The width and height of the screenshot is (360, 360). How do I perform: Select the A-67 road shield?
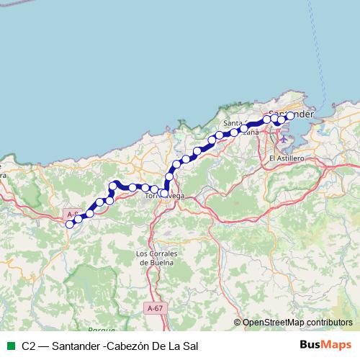click(154, 307)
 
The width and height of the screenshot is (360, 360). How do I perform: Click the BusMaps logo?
click(325, 346)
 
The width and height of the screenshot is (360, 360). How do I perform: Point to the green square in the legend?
click(9, 346)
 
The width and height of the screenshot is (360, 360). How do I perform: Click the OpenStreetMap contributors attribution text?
click(297, 323)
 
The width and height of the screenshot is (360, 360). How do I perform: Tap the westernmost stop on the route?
click(70, 225)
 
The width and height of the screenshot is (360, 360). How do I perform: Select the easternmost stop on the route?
click(290, 115)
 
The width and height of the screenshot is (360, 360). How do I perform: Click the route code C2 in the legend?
click(29, 346)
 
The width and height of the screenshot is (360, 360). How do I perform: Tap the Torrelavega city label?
click(163, 196)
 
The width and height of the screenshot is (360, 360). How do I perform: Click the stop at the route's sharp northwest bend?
click(114, 186)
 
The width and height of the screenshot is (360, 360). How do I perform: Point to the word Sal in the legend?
click(189, 346)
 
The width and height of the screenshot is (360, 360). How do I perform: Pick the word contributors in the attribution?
click(328, 323)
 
